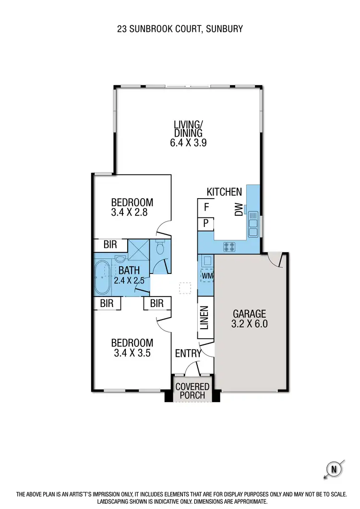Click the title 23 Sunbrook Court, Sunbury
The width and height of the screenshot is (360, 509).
coord(180,29)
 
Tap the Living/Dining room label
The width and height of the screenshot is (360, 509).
coord(188,129)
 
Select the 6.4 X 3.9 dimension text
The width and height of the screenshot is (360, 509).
coord(188,142)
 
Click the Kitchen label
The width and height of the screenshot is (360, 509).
coord(224,192)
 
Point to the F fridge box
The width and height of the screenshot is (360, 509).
coord(206,207)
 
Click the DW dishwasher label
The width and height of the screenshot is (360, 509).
coord(239,210)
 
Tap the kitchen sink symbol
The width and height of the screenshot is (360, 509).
coord(253,224)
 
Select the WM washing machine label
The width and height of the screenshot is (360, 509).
coord(207,276)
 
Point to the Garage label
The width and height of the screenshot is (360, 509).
coord(250,314)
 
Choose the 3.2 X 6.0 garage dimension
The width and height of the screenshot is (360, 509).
coord(250,324)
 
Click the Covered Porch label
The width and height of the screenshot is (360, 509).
coord(192,391)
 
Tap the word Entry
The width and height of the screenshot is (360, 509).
coord(188,354)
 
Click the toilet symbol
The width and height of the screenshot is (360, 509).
coord(160,248)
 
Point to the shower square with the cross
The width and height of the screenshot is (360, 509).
coord(138,249)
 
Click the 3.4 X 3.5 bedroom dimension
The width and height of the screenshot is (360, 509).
coord(132,353)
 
